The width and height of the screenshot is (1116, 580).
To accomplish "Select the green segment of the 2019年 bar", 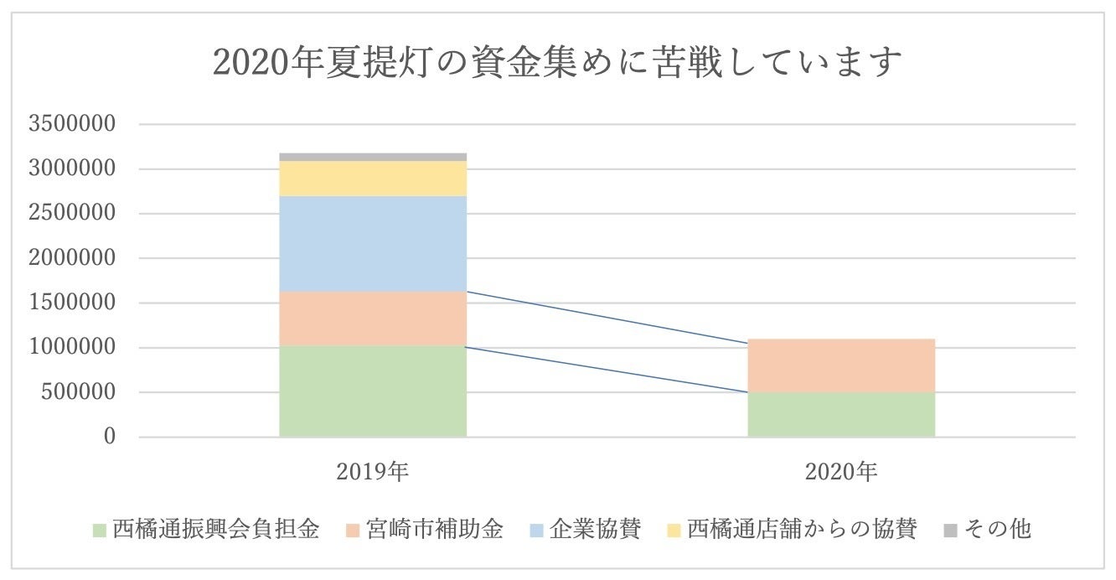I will tap(373, 391).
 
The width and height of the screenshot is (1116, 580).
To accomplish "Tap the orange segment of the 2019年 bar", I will tap(373, 318).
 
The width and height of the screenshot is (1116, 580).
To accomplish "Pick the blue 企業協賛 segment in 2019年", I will tap(373, 244).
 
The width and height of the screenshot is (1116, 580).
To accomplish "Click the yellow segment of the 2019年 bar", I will tap(373, 178).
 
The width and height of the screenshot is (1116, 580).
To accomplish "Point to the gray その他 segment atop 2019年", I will tap(373, 157).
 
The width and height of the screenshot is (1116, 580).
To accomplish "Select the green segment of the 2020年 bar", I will tap(841, 414).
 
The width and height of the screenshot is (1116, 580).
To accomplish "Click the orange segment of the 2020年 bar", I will tap(841, 365).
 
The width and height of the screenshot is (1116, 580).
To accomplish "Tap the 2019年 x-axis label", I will tap(373, 472).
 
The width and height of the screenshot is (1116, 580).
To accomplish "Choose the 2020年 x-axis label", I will tap(841, 472).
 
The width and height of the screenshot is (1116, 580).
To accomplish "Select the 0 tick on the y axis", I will tap(109, 437).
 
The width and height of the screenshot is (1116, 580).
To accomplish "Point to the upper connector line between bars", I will tap(607, 318).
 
